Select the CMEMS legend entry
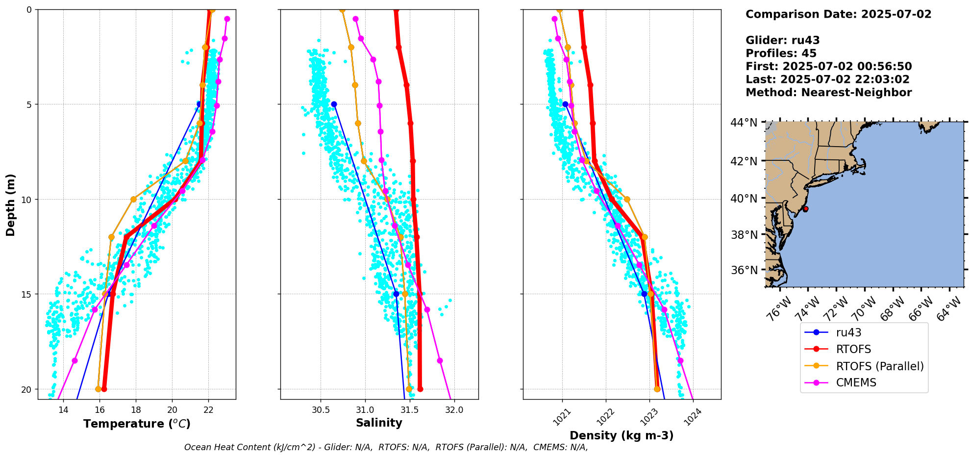(856, 383)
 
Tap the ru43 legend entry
(848, 333)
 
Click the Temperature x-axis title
(137, 424)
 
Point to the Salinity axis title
(379, 423)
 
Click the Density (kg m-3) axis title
(621, 435)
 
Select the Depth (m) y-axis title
(11, 204)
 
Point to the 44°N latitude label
(744, 123)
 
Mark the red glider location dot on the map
(805, 209)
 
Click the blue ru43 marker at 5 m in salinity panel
(334, 104)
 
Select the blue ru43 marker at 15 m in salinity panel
(396, 294)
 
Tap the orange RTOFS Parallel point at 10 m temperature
(133, 199)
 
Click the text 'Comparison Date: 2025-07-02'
(838, 14)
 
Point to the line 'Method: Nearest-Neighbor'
(828, 93)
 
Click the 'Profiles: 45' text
(781, 53)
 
